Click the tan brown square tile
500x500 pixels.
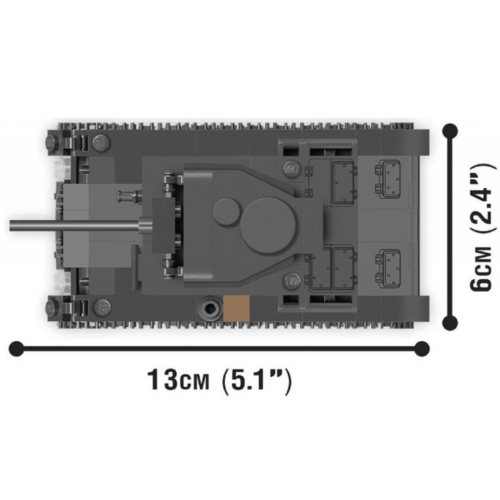pos(236,308)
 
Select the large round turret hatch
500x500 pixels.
pos(269,226)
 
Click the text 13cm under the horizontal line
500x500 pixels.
pos(178,379)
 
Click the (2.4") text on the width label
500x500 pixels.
pos(482,198)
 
